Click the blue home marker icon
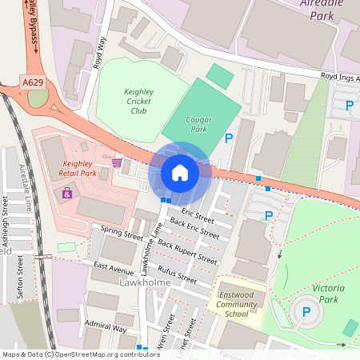coord(179,173)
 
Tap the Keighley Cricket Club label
coord(126,102)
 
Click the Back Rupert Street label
coord(187,250)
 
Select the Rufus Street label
coord(177,273)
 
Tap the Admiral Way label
coord(106,327)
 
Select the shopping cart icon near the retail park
coord(117,162)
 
